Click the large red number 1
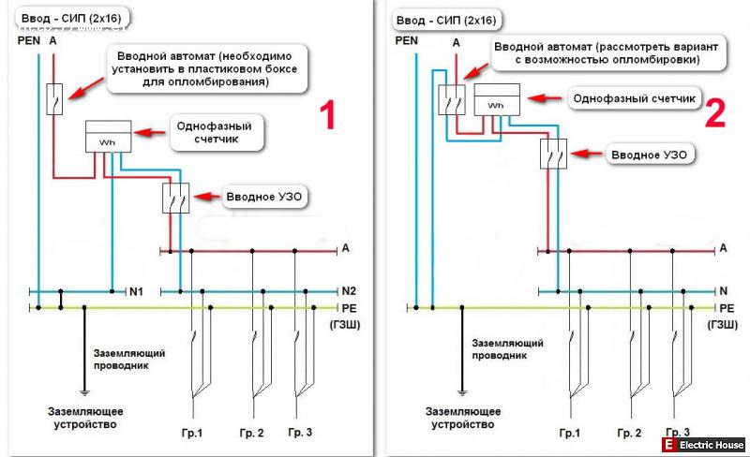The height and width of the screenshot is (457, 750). coord(325,116)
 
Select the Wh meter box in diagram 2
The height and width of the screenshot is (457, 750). coord(496,100)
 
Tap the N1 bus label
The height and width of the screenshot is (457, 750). coord(136,291)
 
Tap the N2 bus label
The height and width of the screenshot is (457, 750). coord(349,291)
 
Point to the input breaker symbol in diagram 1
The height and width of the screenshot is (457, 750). coord(55,98)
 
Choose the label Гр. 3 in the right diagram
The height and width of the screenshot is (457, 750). coord(677,433)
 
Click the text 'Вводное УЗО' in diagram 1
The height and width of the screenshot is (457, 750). coord(267,197)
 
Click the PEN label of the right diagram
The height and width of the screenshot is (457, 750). coord(407,39)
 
